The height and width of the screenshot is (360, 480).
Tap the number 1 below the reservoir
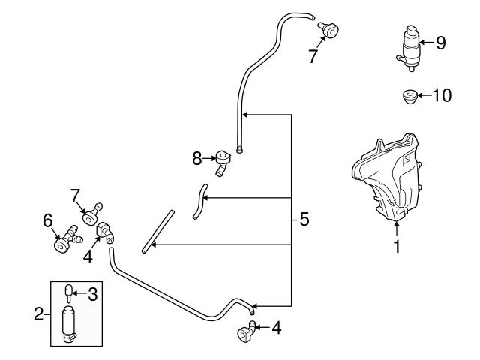pos(397,245)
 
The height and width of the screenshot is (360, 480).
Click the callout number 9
pos(440,43)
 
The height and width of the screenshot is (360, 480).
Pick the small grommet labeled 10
pos(410,96)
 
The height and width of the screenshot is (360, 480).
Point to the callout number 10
pos(442,96)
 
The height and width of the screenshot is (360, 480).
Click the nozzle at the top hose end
pos(328,28)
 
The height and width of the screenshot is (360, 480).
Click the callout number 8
pos(197,158)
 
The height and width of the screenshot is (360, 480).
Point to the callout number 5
pos(304,220)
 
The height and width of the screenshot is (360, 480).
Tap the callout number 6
pos(47,221)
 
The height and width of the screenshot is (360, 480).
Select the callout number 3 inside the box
pos(93,294)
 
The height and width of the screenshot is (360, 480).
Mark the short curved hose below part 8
pos(199,201)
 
